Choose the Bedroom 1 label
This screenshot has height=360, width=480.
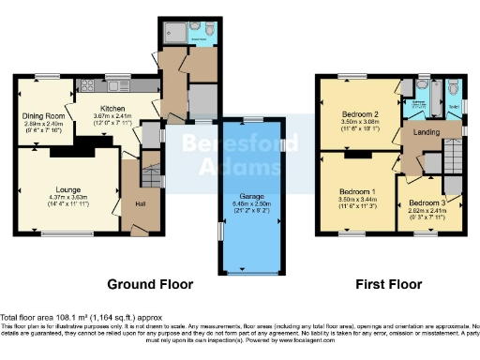355,191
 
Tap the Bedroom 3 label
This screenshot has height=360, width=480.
427,203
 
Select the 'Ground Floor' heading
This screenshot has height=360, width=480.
150,284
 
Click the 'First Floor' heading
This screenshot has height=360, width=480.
388,284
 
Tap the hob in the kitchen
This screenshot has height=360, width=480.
85,86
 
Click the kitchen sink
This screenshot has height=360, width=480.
121,86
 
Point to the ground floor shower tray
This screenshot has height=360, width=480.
174,28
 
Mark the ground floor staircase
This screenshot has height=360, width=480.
149,174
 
